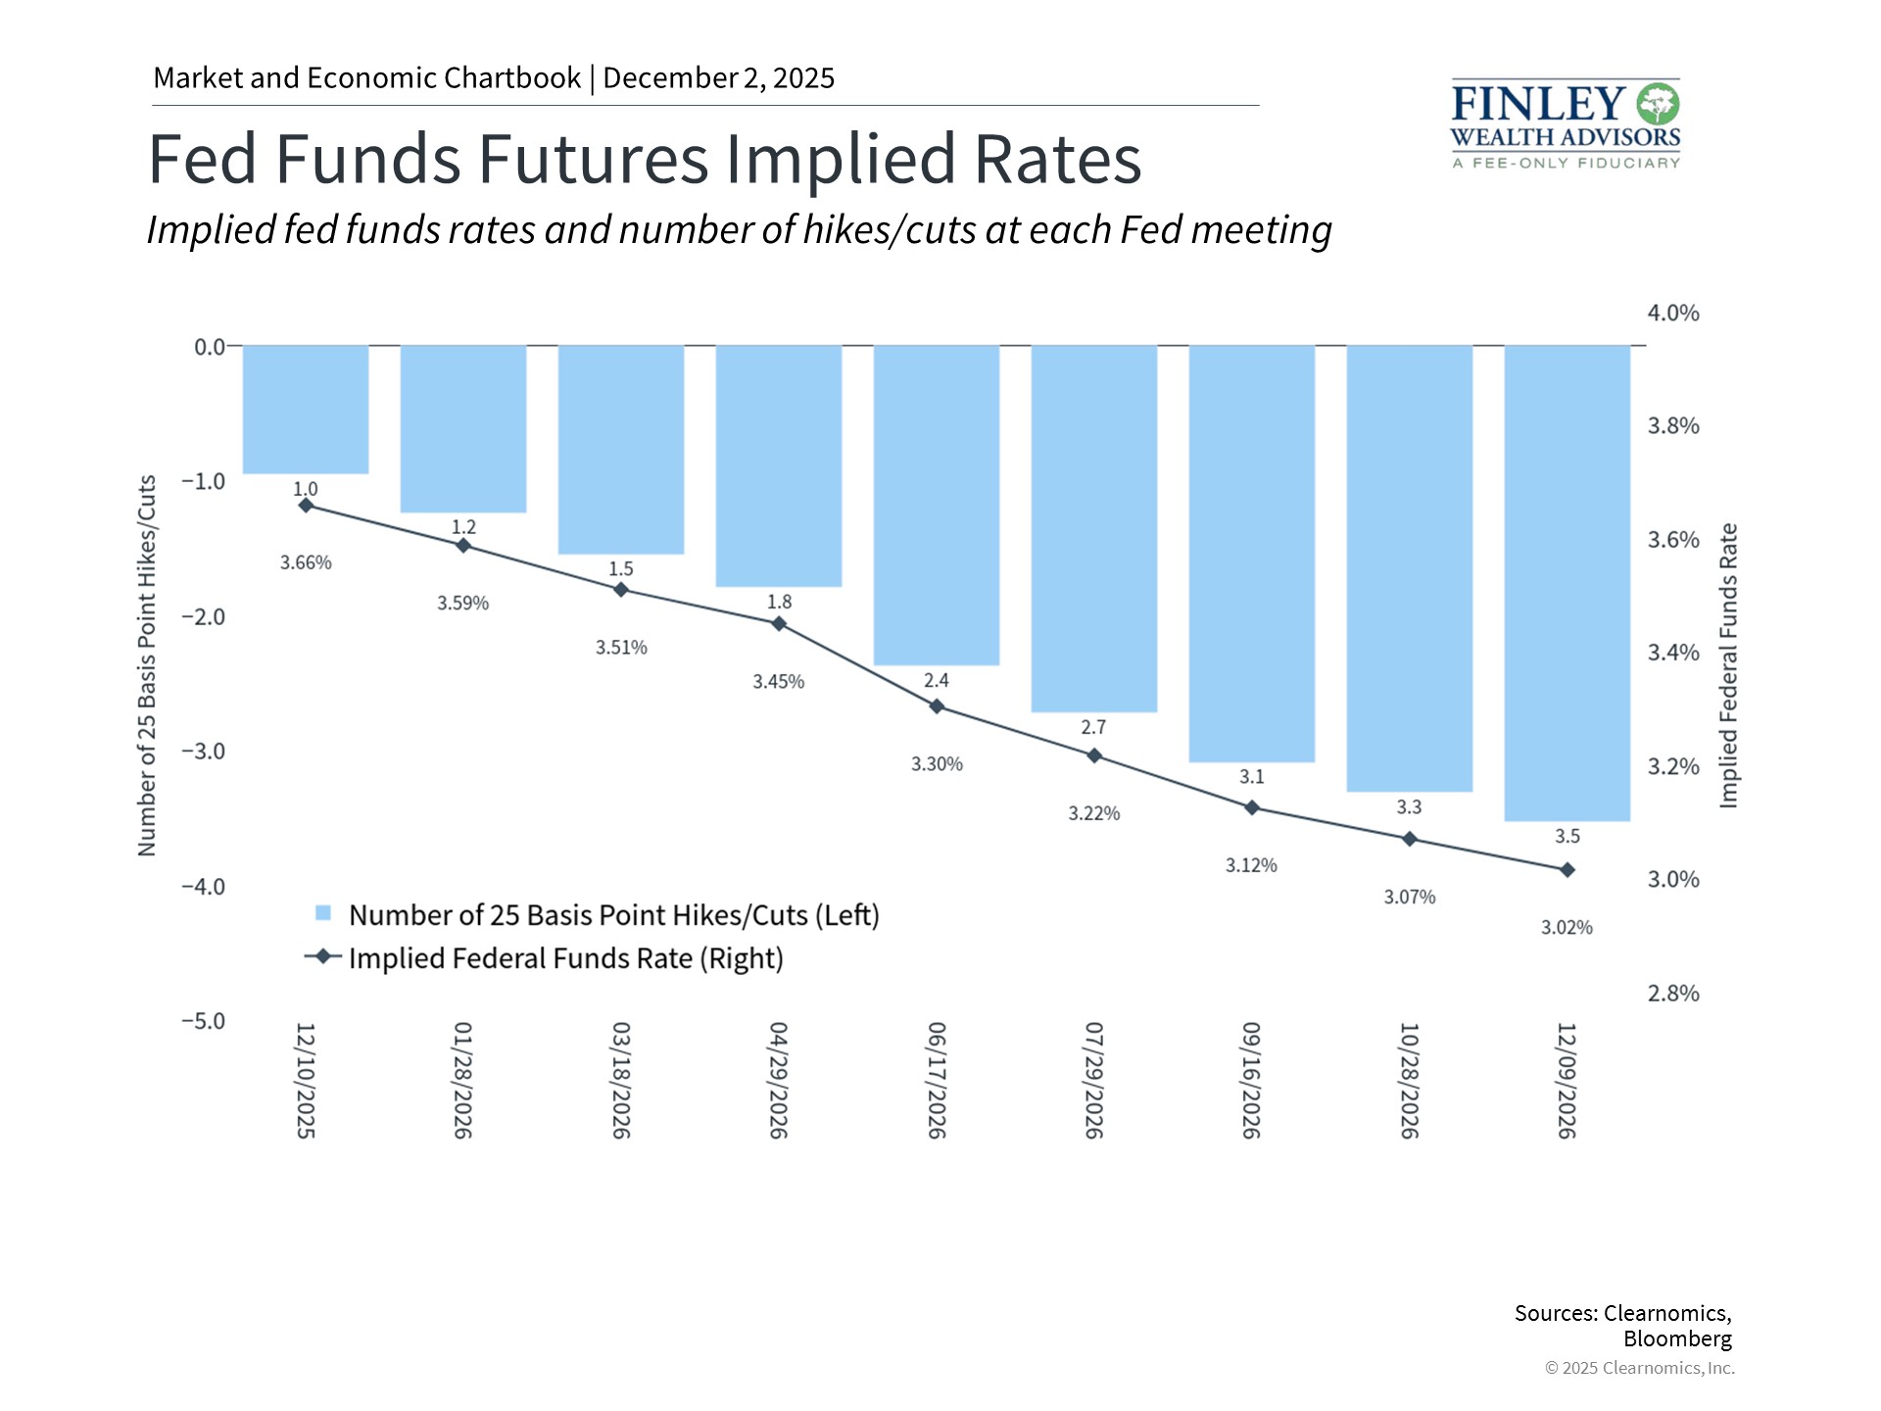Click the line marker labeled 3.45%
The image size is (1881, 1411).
click(779, 623)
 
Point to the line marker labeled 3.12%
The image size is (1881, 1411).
click(1252, 807)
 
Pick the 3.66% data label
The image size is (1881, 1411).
click(306, 562)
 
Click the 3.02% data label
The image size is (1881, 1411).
click(1567, 927)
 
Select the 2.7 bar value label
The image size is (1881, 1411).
click(1093, 727)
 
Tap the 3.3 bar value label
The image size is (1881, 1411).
click(1409, 806)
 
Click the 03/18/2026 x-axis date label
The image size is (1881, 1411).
click(621, 1080)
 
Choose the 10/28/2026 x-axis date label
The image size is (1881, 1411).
click(1409, 1080)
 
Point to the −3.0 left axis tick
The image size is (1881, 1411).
click(203, 752)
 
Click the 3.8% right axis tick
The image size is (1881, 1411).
click(1673, 426)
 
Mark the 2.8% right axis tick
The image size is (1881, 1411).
click(1673, 994)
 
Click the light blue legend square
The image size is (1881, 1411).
click(323, 913)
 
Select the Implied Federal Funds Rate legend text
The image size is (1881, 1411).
click(565, 958)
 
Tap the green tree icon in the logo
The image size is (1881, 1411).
click(1658, 104)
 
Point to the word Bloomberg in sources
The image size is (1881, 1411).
click(1677, 1338)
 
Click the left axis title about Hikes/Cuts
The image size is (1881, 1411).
click(147, 666)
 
